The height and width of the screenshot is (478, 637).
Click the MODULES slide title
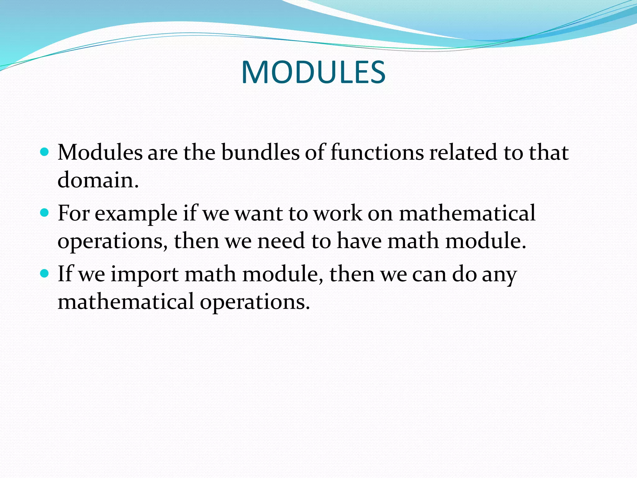pyautogui.click(x=313, y=73)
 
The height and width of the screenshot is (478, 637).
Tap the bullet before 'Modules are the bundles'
pyautogui.click(x=45, y=152)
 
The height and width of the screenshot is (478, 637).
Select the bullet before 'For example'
pyautogui.click(x=45, y=213)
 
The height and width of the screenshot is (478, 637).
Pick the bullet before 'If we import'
pyautogui.click(x=45, y=274)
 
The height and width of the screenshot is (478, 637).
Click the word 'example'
pyautogui.click(x=136, y=214)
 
